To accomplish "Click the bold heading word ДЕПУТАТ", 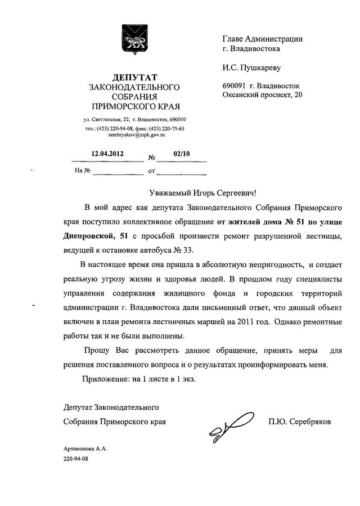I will [x=134, y=77].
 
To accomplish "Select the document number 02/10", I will [x=181, y=153].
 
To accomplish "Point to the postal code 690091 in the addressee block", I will [x=235, y=86].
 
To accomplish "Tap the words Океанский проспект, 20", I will [x=263, y=95].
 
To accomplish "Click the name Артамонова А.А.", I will [x=85, y=449].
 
